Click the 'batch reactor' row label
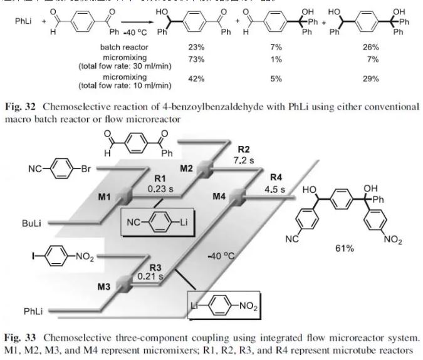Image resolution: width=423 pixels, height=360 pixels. tap(123, 46)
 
